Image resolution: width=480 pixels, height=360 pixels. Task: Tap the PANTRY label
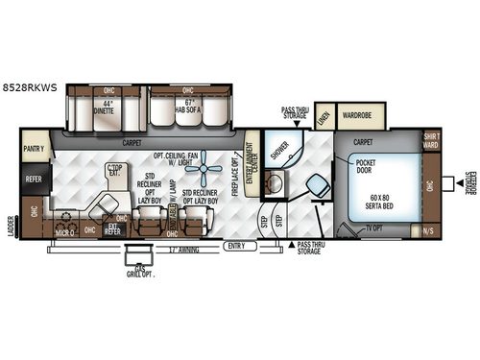[36, 150]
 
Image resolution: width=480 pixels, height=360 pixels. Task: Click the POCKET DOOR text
[368, 167]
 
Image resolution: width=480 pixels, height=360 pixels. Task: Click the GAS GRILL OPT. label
[141, 272]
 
